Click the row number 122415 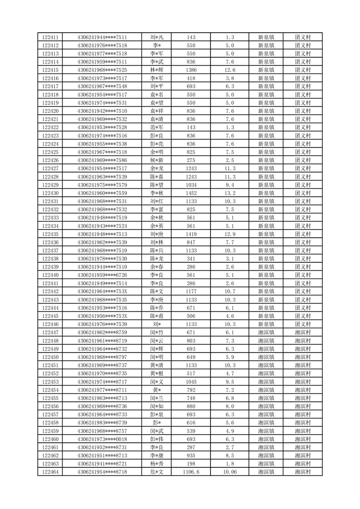(50, 70)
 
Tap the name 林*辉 (157, 70)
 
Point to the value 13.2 (230, 193)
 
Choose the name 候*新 (157, 160)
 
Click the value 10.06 (230, 472)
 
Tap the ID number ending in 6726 (102, 275)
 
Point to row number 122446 (50, 324)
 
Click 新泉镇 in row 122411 (266, 37)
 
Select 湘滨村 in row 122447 (302, 333)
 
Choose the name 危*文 (157, 472)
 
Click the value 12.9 (230, 234)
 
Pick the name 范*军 (157, 127)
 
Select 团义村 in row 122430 (302, 193)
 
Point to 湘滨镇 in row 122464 (266, 472)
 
